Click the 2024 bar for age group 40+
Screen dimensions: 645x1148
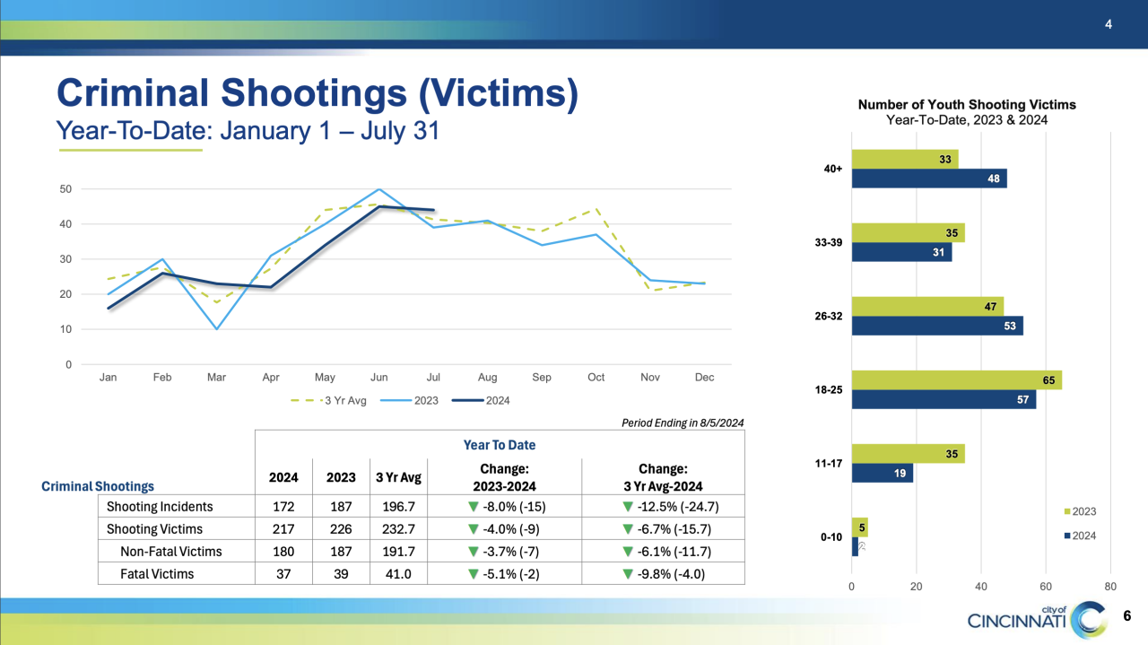click(x=928, y=179)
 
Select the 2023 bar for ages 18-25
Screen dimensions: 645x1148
click(x=956, y=380)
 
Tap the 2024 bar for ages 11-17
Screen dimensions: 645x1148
click(x=882, y=473)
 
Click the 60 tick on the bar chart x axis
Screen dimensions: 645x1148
click(x=1045, y=586)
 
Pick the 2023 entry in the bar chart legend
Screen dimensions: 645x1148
click(x=1082, y=512)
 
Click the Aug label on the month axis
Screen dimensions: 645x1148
click(x=487, y=378)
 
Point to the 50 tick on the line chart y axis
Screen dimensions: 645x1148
click(x=66, y=189)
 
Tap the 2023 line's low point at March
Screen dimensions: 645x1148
click(x=216, y=328)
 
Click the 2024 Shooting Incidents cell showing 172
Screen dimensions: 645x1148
click(x=283, y=507)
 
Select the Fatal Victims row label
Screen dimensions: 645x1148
click(x=157, y=574)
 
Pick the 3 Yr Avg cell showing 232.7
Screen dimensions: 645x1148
click(x=397, y=529)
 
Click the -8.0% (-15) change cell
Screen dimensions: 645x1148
click(x=504, y=507)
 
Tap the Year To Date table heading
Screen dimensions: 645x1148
click(x=500, y=445)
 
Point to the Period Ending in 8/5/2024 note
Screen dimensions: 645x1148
click(x=682, y=423)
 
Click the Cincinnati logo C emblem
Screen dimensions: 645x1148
click(x=1092, y=618)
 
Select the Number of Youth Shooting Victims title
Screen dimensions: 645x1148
click(x=967, y=105)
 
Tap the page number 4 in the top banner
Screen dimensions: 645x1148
click(x=1109, y=24)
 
